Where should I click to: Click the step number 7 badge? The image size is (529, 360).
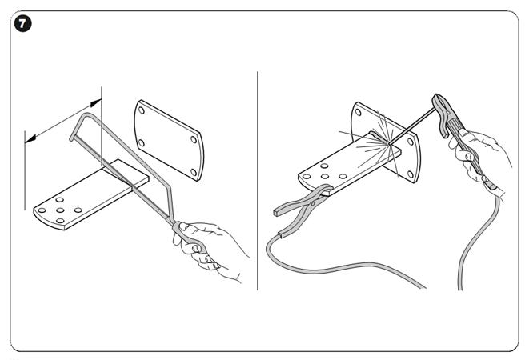22,24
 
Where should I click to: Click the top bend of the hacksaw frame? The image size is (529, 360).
88,114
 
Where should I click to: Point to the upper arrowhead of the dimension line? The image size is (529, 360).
96,102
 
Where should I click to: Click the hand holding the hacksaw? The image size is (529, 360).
209,248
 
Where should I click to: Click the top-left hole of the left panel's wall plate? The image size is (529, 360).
142,110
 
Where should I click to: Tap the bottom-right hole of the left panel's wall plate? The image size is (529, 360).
194,172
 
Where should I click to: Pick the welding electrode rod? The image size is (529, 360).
411,126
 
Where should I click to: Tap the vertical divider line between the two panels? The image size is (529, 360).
258,181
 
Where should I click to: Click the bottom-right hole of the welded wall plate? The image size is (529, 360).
411,174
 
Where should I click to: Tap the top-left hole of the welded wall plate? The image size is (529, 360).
358,112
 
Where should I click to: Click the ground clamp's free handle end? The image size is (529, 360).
278,212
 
